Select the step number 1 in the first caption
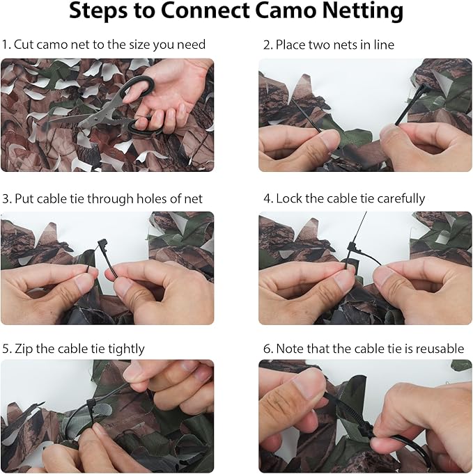tap(5, 45)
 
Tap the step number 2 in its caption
tap(267, 45)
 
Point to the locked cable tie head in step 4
tap(352, 248)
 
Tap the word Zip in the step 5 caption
tap(23, 348)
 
